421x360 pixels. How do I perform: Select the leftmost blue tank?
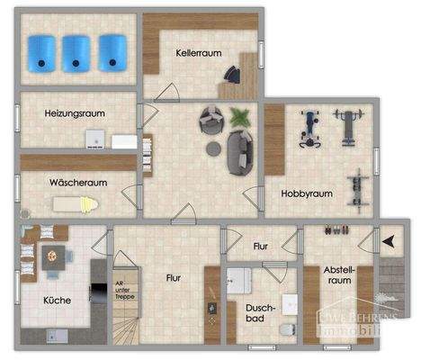[41, 51]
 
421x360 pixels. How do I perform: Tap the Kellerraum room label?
[199, 53]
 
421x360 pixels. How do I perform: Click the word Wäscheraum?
[78, 182]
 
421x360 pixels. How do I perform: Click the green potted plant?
[240, 116]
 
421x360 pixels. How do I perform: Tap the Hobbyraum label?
[307, 193]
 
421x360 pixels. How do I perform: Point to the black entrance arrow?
[389, 241]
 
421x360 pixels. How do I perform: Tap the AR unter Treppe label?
[119, 287]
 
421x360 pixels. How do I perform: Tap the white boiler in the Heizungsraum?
[93, 138]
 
